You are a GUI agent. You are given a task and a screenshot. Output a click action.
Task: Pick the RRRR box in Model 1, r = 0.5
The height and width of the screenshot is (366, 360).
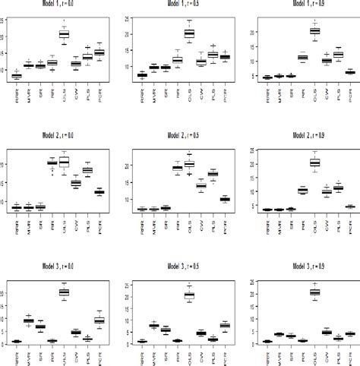point(141,75)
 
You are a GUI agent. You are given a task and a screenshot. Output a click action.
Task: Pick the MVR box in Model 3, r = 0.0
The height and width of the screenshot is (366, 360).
point(29,321)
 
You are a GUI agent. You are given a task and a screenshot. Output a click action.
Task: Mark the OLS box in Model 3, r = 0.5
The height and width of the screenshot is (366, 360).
point(189,295)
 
